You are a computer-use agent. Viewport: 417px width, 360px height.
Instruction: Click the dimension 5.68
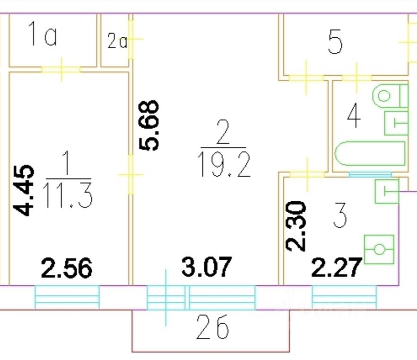point(150,125)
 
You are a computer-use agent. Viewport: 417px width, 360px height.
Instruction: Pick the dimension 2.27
point(337,268)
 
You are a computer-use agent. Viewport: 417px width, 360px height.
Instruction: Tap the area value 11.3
point(67,195)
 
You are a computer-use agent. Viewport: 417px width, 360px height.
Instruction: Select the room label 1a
point(43,37)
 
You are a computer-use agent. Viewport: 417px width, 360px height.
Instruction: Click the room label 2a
point(116,42)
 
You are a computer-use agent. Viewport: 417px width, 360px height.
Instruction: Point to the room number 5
point(335,43)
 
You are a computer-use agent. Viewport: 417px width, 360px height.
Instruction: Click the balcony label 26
point(212,327)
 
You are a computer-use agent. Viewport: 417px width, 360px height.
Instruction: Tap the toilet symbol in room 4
point(389,96)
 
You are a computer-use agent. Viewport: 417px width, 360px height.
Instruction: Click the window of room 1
point(67,296)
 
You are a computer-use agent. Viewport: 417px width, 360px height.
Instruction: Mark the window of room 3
point(344,296)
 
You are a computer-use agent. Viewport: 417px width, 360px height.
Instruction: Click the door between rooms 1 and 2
point(130,175)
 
